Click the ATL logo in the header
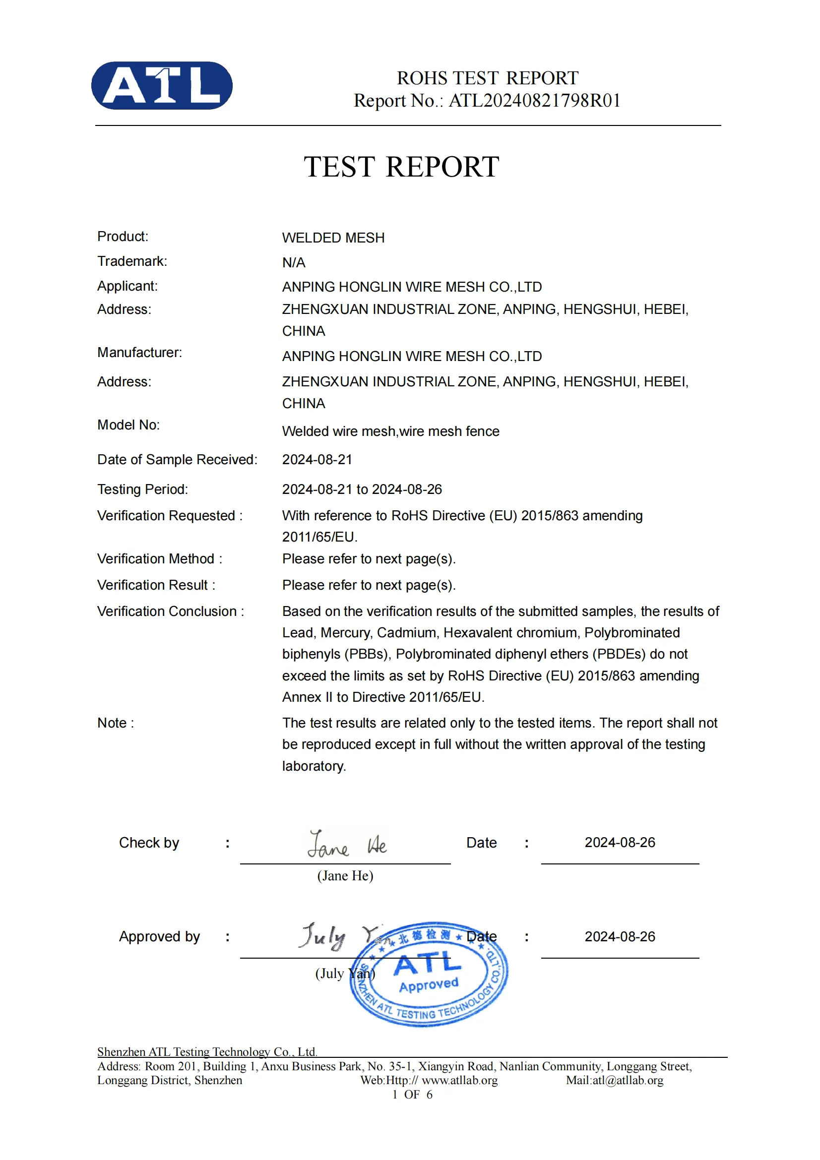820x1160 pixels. (x=162, y=85)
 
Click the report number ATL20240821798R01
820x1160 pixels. (x=534, y=101)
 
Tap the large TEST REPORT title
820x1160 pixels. (x=401, y=167)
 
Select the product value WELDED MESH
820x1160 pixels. (x=333, y=238)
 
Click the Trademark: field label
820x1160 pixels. (x=132, y=261)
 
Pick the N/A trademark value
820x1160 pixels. (x=294, y=263)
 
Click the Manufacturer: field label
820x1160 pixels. (x=139, y=352)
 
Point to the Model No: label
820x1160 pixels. (x=128, y=425)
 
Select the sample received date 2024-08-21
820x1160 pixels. (x=317, y=459)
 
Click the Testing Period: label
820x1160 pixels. (x=142, y=489)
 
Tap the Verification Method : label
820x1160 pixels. (x=160, y=559)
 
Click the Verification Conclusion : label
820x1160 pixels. (x=170, y=611)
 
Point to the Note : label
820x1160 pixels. (x=116, y=723)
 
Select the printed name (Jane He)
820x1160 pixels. (x=345, y=875)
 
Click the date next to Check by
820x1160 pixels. (x=620, y=842)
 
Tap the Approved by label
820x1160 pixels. (x=159, y=936)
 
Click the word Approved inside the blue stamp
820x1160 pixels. (x=429, y=985)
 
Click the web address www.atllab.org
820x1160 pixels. (x=459, y=1080)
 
